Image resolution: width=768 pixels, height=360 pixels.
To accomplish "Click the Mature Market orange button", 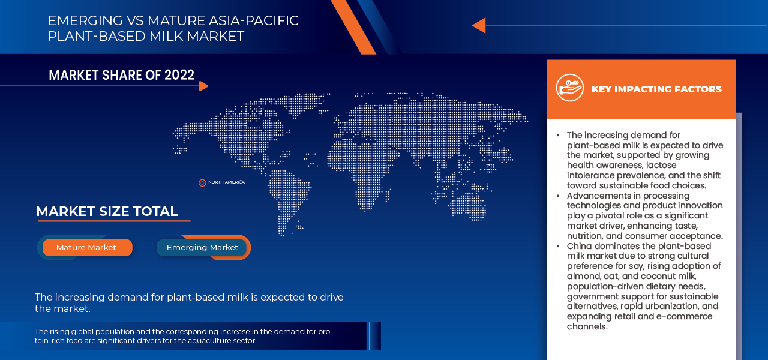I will point(86,247).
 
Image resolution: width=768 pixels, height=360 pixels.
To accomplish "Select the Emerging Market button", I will point(202,247).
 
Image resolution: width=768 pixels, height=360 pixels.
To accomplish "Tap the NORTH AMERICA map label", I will point(226,182).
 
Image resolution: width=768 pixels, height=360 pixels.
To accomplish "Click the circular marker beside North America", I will point(202,182).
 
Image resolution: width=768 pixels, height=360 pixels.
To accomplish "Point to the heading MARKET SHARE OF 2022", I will point(121,75).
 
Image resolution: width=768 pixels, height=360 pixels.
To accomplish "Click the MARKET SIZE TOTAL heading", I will point(107,211).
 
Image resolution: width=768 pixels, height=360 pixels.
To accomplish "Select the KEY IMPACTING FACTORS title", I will point(656,89).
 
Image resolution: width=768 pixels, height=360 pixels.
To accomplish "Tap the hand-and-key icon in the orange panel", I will point(569,88).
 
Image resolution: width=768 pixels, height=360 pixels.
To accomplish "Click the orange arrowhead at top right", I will point(478,25).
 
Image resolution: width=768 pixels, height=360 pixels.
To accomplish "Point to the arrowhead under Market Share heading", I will point(203,86).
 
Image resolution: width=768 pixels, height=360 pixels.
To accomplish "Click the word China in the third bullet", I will point(580,246).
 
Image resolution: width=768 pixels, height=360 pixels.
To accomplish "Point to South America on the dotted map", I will point(288,195).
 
